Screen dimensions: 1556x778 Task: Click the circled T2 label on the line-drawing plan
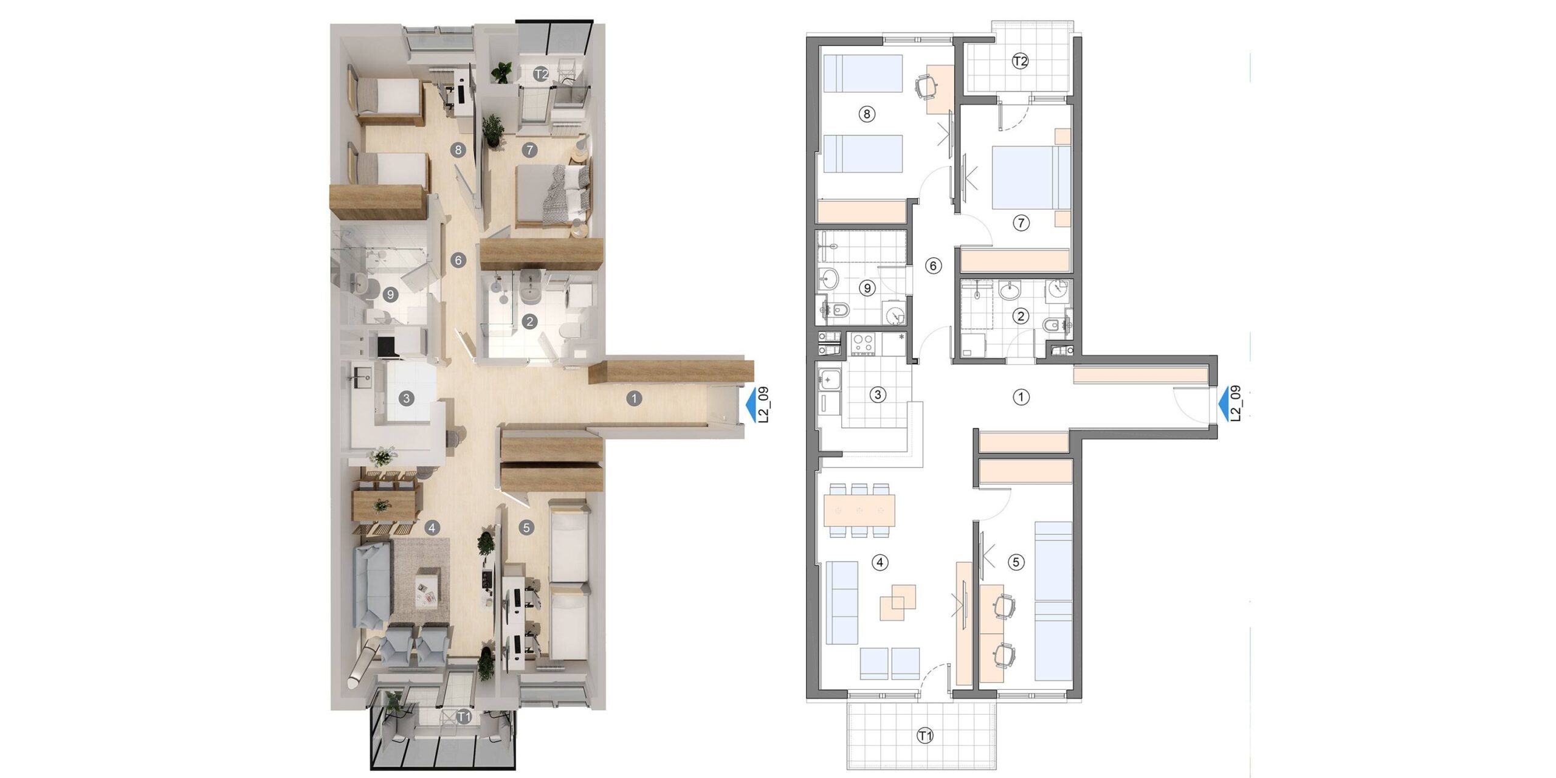1020,61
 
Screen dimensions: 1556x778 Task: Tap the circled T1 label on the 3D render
464,717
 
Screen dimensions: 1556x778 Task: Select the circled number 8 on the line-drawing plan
867,114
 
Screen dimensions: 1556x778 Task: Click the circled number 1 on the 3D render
634,399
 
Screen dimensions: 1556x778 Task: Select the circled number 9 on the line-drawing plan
867,288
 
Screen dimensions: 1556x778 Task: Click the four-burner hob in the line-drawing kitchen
862,343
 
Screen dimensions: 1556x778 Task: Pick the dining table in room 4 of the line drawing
859,511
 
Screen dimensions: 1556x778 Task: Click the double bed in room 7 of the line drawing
1031,177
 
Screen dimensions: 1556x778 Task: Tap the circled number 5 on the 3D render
526,528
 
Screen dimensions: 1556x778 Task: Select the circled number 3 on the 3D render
406,399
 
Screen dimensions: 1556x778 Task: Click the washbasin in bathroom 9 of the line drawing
828,280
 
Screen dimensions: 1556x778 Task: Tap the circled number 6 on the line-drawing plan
933,266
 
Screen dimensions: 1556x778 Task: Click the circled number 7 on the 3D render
529,150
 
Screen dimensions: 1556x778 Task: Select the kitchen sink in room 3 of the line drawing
829,380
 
